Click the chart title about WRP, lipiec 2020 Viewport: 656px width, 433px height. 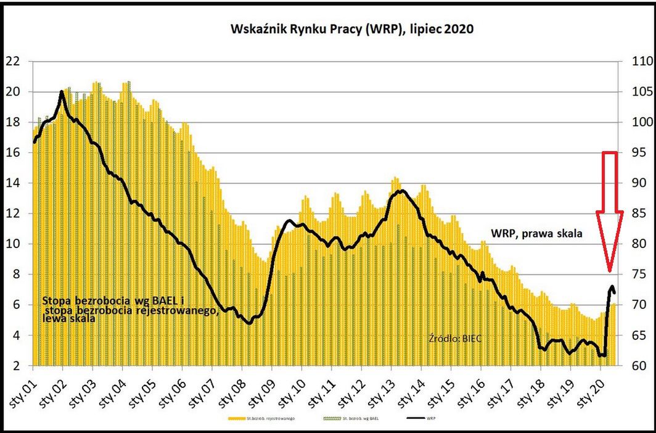coord(351,29)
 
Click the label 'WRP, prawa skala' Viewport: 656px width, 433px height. coord(536,234)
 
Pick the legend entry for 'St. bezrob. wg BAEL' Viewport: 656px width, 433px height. coord(349,419)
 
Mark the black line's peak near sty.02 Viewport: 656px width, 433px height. coord(62,92)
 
